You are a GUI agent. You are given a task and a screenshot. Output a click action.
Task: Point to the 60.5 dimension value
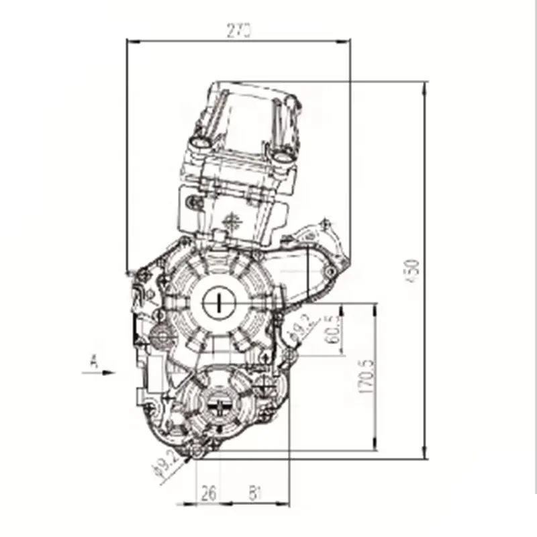pos(331,329)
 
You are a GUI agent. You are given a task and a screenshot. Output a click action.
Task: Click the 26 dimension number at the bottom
pos(209,494)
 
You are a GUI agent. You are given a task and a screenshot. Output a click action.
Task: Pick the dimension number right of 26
pos(254,494)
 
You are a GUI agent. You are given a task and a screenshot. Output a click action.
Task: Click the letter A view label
pos(94,363)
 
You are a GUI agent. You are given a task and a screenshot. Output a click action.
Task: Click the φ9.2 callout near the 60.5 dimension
pos(299,328)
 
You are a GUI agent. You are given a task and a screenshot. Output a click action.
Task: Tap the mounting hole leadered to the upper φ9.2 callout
pos(289,352)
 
